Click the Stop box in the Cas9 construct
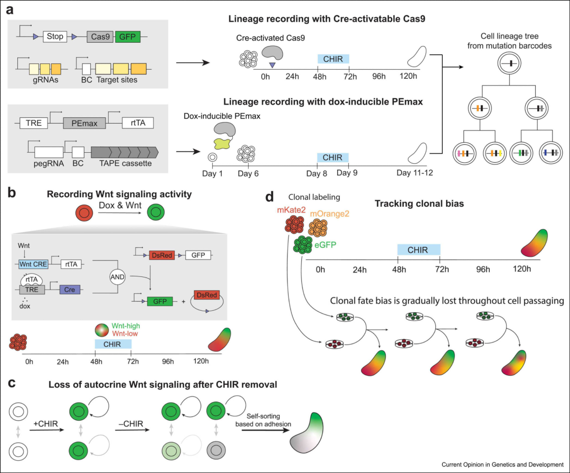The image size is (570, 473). click(x=55, y=36)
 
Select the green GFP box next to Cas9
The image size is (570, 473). click(x=128, y=37)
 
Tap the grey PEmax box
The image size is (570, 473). click(x=84, y=123)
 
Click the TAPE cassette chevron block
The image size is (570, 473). click(x=125, y=152)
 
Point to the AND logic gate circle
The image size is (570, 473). click(x=117, y=277)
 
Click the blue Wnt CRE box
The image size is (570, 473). click(x=33, y=264)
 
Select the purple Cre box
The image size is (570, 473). click(x=70, y=290)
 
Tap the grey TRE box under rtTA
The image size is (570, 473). click(x=32, y=290)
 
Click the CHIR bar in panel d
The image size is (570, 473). click(x=419, y=250)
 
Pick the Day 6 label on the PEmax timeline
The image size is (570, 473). click(x=248, y=173)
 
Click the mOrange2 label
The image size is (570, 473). click(x=330, y=214)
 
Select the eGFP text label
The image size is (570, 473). click(x=325, y=245)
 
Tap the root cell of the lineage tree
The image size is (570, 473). click(x=509, y=63)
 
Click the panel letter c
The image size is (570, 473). click(x=12, y=383)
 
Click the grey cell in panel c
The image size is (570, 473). click(x=216, y=450)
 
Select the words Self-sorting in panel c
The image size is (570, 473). click(x=263, y=416)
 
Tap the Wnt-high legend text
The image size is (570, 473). click(x=126, y=326)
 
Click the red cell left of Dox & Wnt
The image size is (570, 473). click(x=84, y=213)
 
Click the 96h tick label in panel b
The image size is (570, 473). click(x=168, y=361)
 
